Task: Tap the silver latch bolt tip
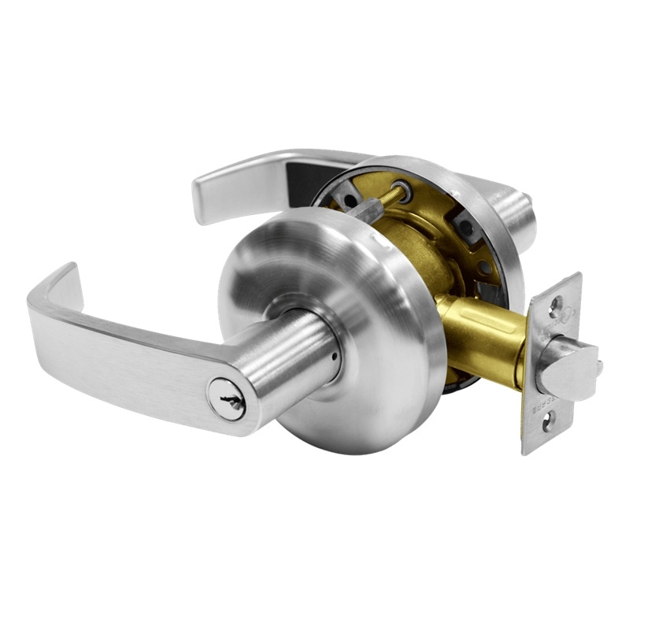(568, 369)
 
